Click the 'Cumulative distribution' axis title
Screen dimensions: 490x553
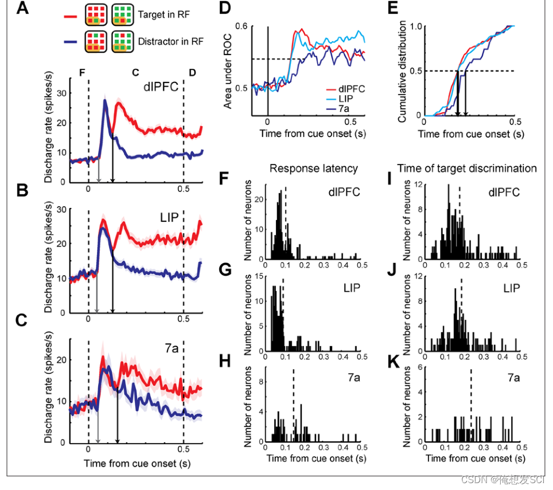(403, 70)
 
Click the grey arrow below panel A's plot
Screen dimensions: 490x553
(98, 180)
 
